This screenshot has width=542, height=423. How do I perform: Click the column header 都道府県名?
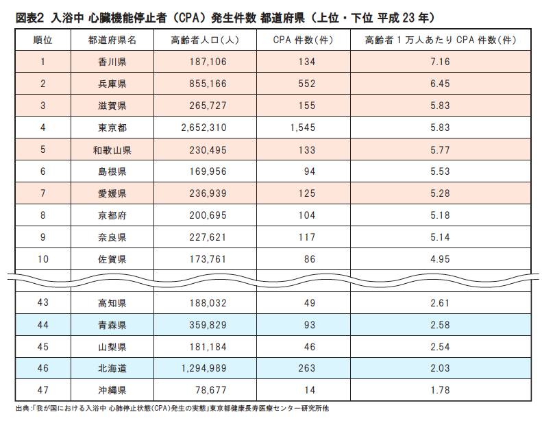(112, 40)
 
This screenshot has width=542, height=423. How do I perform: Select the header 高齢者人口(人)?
(204, 40)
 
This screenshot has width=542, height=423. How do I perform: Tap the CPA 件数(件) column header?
(302, 40)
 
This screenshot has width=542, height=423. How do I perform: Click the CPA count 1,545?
(302, 128)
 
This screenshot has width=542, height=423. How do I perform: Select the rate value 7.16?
(440, 62)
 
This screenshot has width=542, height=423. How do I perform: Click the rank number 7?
(42, 193)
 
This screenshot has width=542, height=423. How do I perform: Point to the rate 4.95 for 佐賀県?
(440, 259)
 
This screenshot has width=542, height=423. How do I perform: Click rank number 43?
(42, 302)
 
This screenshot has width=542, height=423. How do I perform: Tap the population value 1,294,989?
(204, 368)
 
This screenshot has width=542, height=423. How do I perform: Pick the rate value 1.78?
(440, 390)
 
